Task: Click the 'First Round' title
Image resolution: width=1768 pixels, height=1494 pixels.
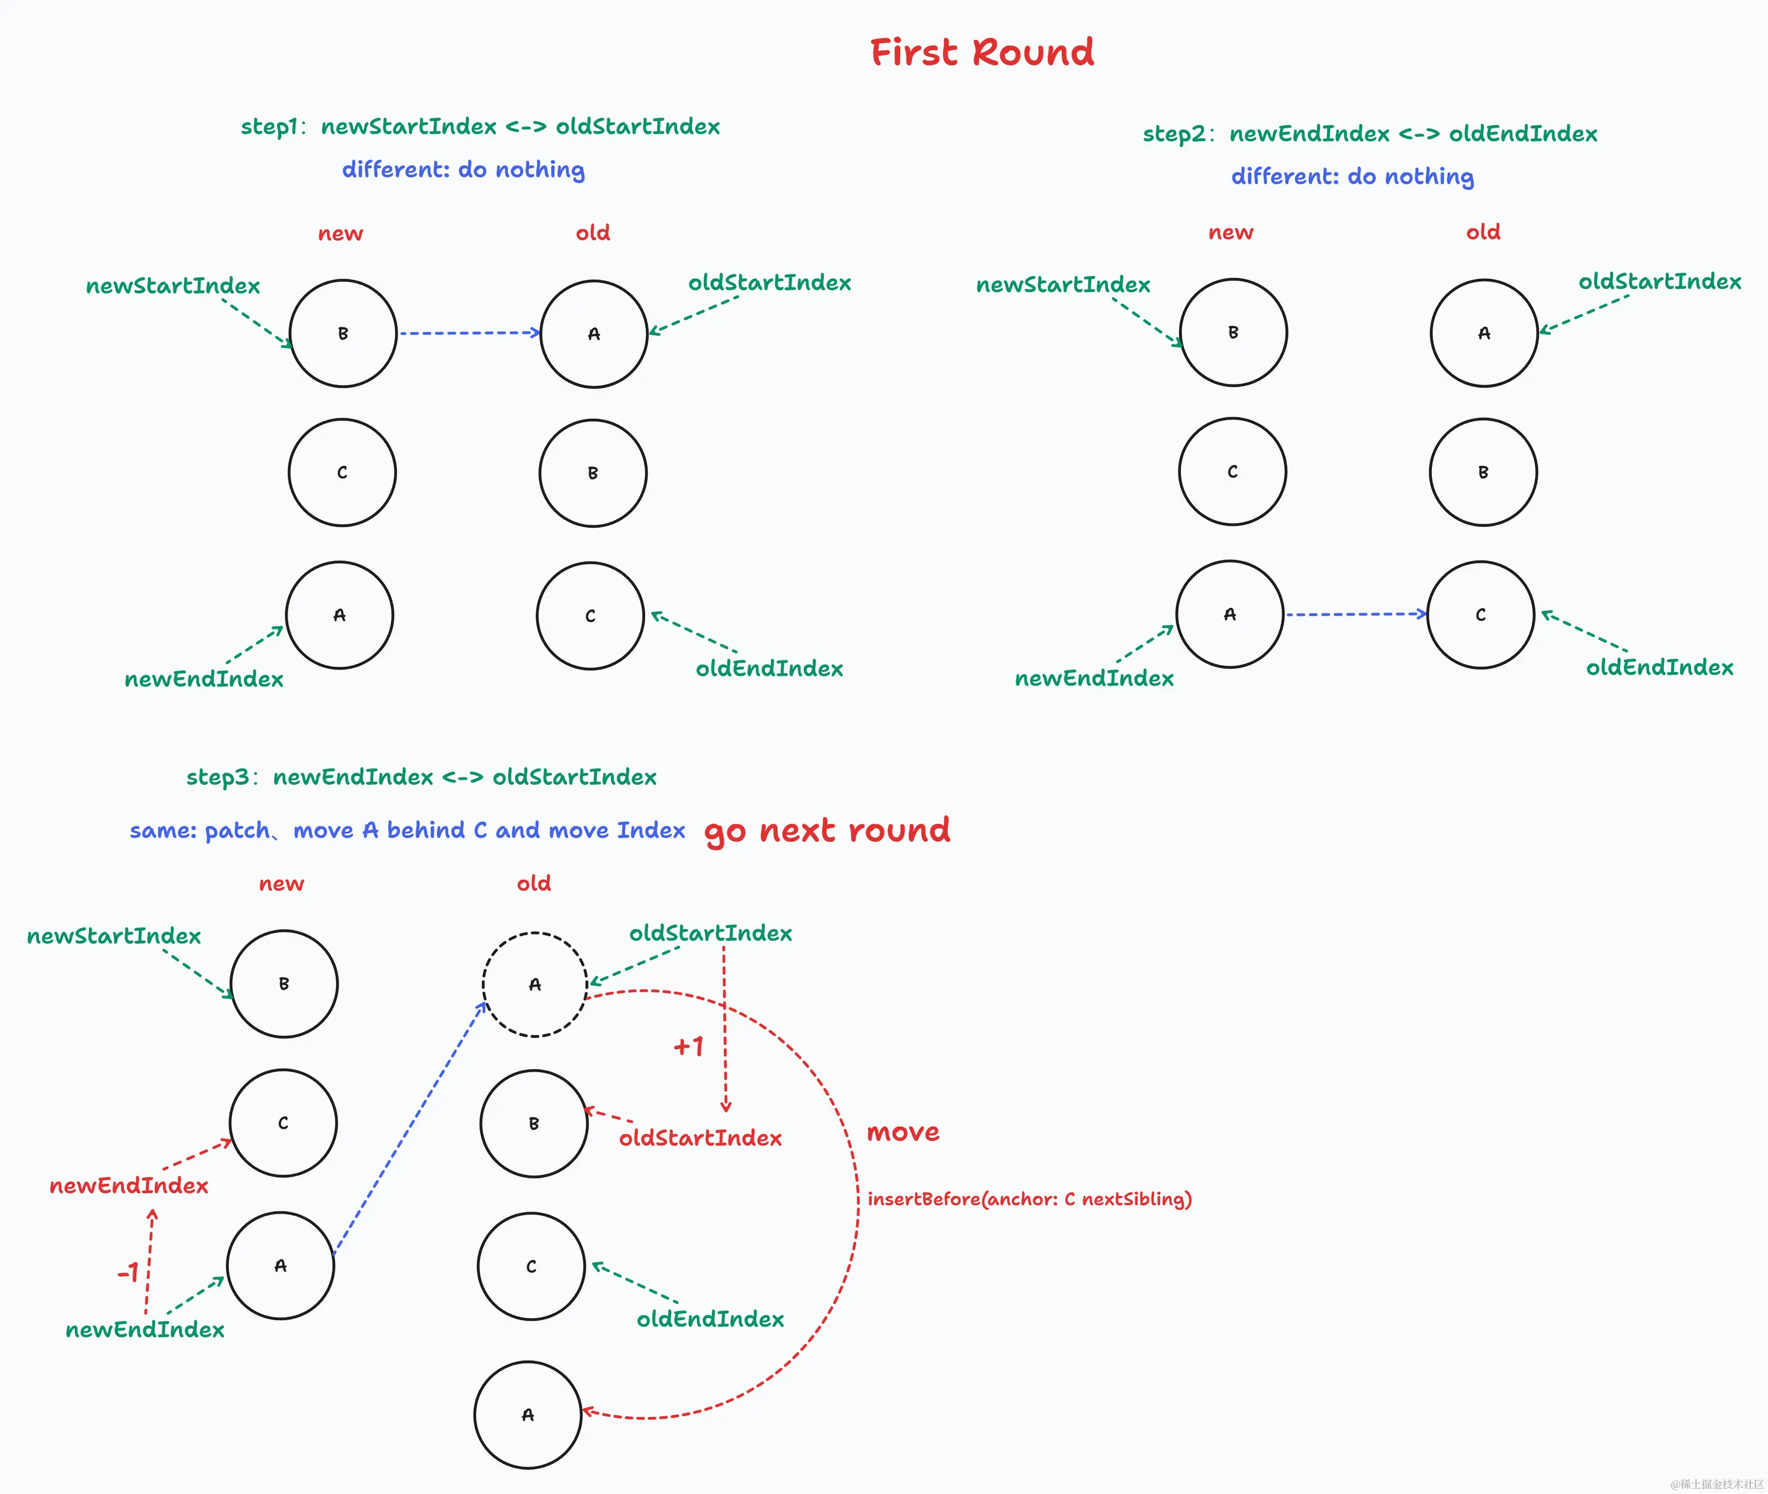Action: coord(982,53)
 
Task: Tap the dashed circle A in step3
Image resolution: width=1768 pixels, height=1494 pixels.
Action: coord(534,984)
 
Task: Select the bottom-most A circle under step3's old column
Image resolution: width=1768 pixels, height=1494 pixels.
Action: coord(528,1415)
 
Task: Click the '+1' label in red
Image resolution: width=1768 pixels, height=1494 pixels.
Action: coord(689,1047)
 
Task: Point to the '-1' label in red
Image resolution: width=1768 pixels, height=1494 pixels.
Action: coord(128,1272)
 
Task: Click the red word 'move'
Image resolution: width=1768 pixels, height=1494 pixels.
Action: coord(903,1132)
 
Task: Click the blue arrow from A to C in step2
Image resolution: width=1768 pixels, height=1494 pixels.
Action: coord(1355,614)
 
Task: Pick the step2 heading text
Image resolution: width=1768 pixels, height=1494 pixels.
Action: coord(1370,134)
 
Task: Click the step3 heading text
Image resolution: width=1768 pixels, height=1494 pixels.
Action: coord(421,777)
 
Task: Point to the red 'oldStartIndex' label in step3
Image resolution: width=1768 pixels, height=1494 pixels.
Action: coord(700,1138)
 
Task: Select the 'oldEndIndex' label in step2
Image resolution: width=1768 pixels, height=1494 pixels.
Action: coord(1660,668)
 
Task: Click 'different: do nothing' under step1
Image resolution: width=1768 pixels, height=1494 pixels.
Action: coord(464,170)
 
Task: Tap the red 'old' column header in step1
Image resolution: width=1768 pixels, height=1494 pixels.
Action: coord(593,233)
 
